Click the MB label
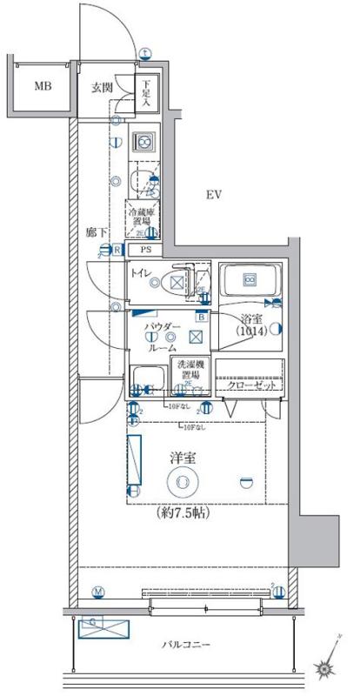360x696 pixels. point(42,86)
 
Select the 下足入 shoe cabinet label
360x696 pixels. point(147,91)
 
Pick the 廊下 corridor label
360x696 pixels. point(96,233)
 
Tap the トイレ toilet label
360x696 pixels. point(143,278)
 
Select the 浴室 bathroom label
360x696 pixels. point(252,320)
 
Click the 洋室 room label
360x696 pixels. point(183,455)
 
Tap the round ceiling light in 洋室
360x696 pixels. point(183,481)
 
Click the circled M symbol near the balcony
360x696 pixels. point(98,593)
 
